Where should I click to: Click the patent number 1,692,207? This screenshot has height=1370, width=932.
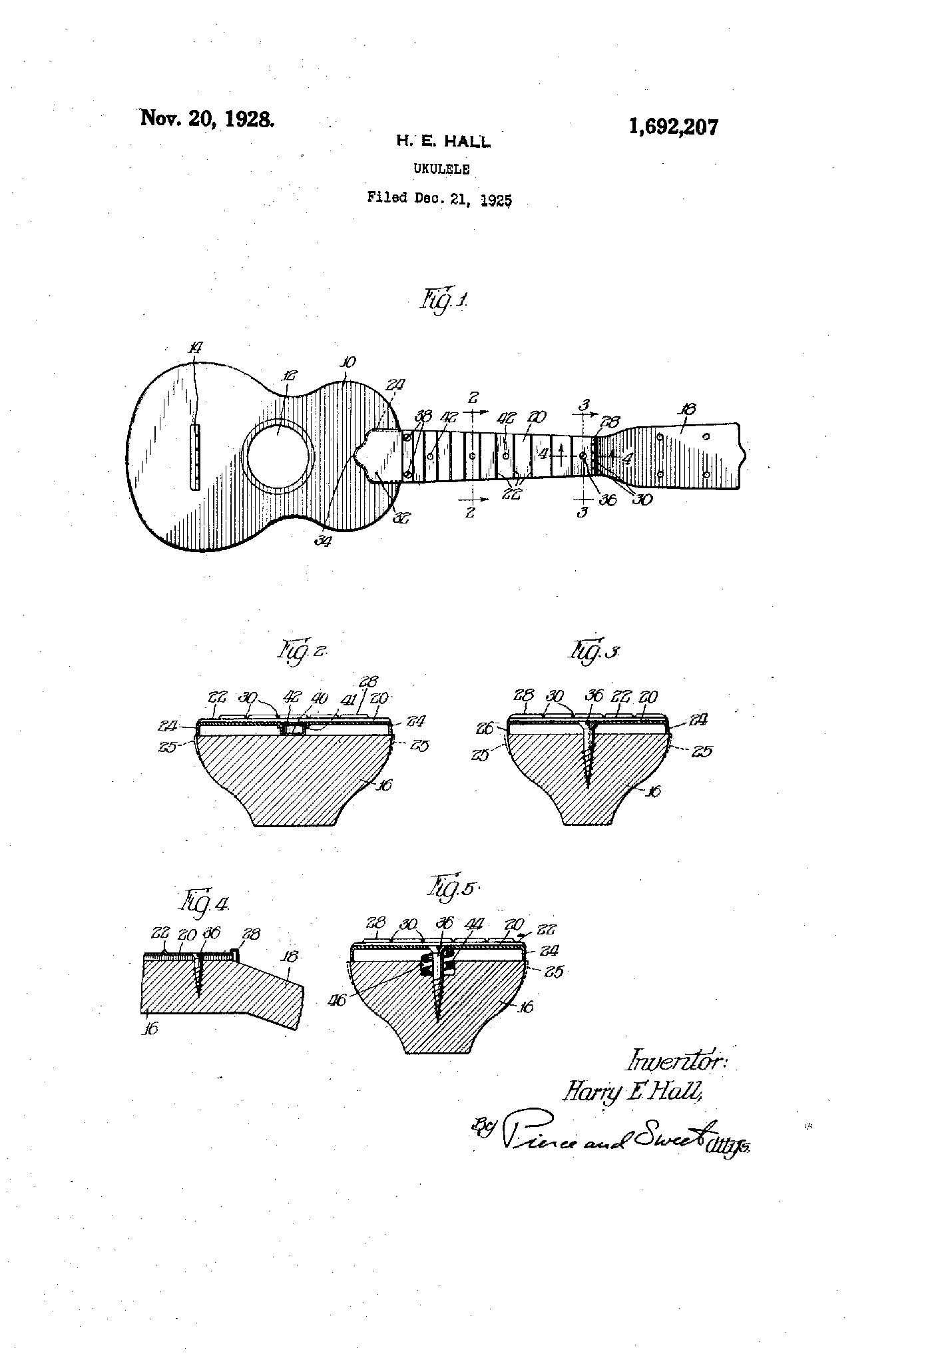coord(673,127)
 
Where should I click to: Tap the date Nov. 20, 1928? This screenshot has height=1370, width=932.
coord(206,119)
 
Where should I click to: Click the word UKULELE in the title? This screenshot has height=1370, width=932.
coord(441,169)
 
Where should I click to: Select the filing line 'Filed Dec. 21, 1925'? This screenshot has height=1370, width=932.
coord(439,198)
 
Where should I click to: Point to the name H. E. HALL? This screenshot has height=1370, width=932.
coord(443,141)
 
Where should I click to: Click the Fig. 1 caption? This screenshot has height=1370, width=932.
coord(443,300)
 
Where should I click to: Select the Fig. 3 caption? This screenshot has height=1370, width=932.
coord(593,651)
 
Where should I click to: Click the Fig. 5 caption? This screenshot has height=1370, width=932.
coord(452,888)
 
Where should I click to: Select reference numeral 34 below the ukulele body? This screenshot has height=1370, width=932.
coord(324,541)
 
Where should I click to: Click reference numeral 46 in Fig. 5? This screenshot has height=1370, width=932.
coord(338,1000)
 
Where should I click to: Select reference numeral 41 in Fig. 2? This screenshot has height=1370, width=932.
coord(346,699)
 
